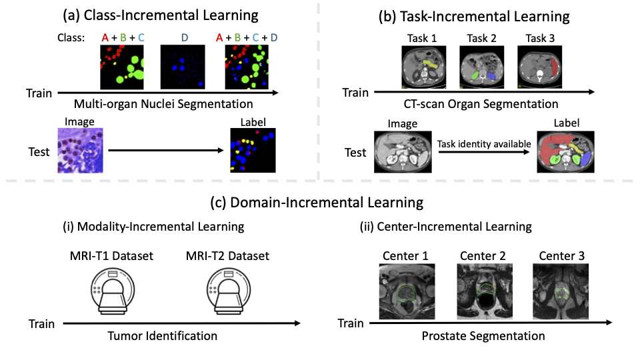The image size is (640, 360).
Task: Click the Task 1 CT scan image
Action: click(x=425, y=67)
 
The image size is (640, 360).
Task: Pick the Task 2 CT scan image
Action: click(x=483, y=67)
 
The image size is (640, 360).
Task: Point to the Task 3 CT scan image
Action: click(x=540, y=67)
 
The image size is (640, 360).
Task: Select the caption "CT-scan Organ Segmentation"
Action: click(x=481, y=104)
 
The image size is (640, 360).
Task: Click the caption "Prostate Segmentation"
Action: click(x=483, y=336)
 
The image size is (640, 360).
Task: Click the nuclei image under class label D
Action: click(x=183, y=67)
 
